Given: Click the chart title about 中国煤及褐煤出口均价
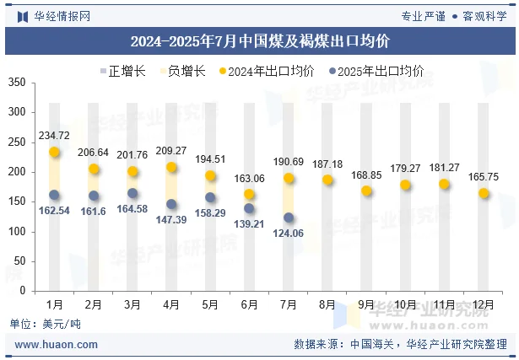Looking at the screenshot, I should coord(259,40).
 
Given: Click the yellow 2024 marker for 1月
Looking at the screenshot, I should coord(55,153).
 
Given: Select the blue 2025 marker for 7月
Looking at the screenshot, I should coord(289,218).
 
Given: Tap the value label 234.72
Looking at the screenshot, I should coord(54,136).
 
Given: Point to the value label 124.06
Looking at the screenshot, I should coord(289,234).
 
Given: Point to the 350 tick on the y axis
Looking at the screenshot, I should coord(16,83).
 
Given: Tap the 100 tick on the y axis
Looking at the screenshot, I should coord(16,232).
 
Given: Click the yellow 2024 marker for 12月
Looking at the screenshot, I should coord(484,193).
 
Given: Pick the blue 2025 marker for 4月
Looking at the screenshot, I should coord(171,204).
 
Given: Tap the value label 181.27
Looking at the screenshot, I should coord(444,168).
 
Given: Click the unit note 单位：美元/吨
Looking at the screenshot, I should coord(46,324).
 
